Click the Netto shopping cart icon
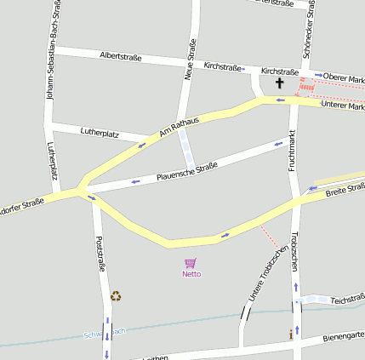(x=191, y=263)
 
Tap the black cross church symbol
(x=280, y=83)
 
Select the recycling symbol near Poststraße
(x=116, y=296)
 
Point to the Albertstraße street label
(x=120, y=57)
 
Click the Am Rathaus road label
(x=179, y=128)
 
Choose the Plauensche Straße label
(x=187, y=171)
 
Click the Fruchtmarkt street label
(x=292, y=151)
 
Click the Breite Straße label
(x=345, y=191)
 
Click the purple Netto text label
(x=191, y=274)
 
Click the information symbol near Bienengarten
(x=291, y=335)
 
